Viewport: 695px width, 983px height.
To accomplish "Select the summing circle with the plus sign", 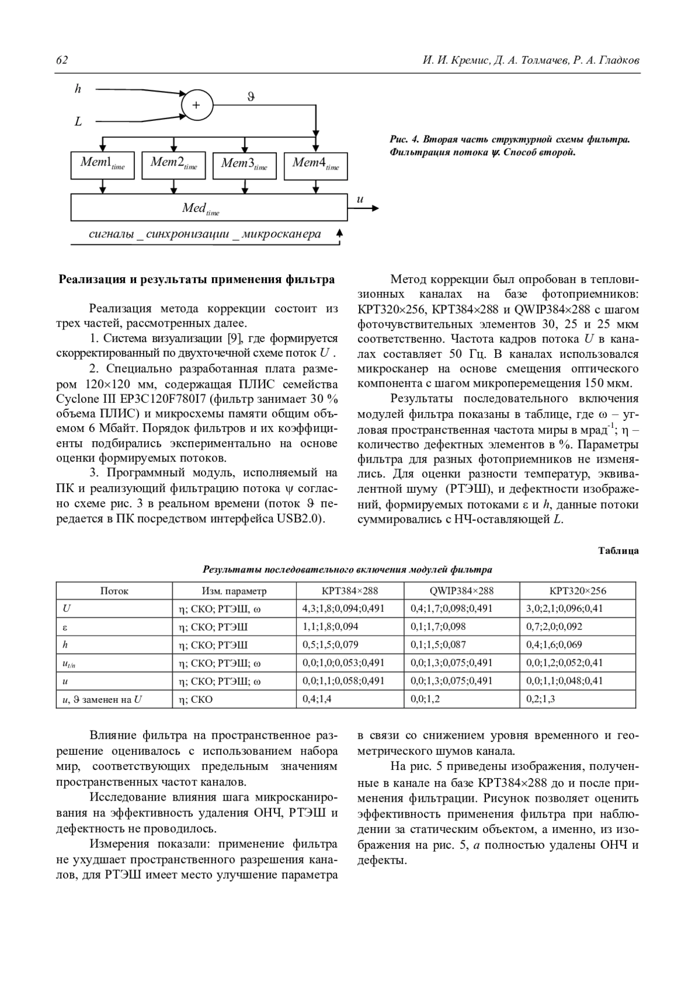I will [x=197, y=105].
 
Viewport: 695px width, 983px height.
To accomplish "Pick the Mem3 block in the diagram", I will [x=244, y=165].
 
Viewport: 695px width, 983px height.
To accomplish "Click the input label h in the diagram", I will [x=78, y=89].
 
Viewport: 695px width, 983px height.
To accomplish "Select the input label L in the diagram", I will [x=78, y=122].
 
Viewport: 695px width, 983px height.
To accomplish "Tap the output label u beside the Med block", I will [x=360, y=200].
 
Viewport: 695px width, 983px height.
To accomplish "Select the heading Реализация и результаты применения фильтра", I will [x=197, y=280].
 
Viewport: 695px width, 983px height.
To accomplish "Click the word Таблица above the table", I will [x=619, y=551].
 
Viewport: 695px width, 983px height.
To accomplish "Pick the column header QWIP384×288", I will [x=462, y=591].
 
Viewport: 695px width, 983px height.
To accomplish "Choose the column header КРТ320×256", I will [x=577, y=591].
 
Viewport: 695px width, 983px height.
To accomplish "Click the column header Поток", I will [x=114, y=591].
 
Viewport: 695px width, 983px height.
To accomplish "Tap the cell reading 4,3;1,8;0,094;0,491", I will [x=343, y=608].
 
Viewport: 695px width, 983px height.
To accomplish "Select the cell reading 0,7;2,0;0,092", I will [x=554, y=626].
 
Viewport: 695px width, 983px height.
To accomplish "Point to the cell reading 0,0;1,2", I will [x=425, y=699].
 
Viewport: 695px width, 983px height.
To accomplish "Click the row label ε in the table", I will [x=65, y=627].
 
